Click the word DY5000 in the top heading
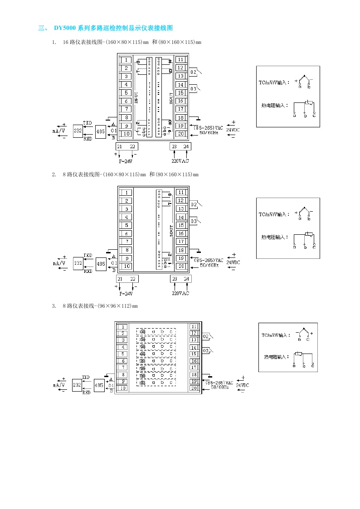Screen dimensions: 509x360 [65, 28]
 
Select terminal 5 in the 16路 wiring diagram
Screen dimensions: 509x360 [126, 93]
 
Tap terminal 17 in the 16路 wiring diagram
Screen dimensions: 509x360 [180, 109]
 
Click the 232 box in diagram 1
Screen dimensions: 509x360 [78, 131]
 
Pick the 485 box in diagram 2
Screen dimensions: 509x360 [101, 263]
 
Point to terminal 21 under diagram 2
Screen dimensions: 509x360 [120, 279]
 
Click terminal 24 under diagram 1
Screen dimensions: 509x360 [186, 146]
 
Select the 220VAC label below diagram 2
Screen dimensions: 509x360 [180, 293]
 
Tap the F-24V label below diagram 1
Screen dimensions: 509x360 [126, 161]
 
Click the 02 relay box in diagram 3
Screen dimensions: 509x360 [206, 336]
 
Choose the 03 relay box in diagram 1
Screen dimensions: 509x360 [193, 89]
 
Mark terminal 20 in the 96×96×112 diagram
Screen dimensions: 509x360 [194, 388]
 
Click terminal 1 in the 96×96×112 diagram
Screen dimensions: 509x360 [122, 327]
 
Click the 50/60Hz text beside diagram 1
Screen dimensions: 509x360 [209, 133]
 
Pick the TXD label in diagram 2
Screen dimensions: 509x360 [88, 255]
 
